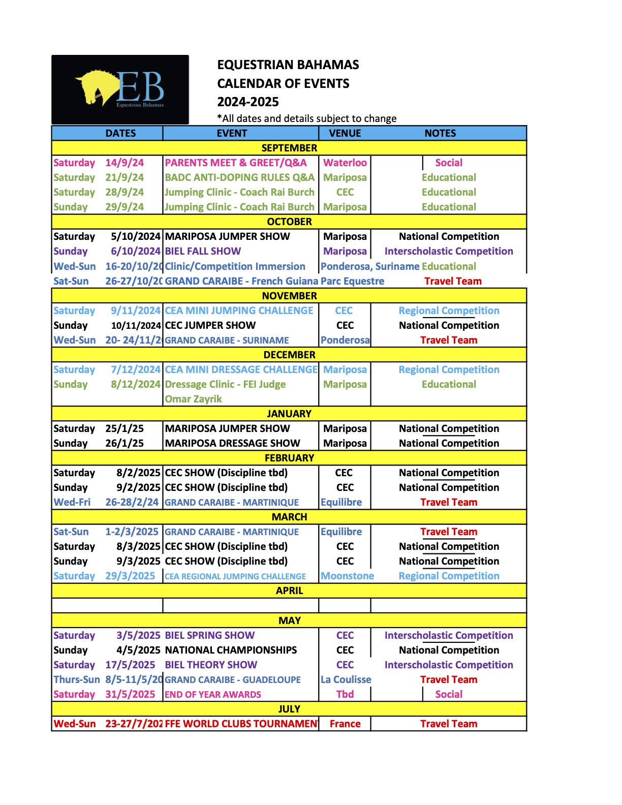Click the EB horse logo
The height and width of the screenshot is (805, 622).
click(x=120, y=89)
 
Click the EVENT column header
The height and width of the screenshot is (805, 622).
click(x=232, y=133)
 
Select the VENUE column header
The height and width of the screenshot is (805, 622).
click(x=345, y=133)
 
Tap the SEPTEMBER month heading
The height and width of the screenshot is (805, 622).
click(x=289, y=148)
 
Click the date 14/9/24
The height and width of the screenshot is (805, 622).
click(x=125, y=163)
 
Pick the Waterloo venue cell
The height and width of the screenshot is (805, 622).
click(x=345, y=163)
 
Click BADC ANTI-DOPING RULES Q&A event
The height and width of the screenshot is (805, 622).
click(x=239, y=177)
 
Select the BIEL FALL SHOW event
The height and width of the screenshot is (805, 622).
click(x=203, y=251)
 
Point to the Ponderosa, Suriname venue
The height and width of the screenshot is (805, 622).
click(x=370, y=266)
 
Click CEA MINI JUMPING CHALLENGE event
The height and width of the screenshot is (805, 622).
click(x=239, y=311)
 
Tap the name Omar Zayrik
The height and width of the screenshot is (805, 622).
click(x=193, y=399)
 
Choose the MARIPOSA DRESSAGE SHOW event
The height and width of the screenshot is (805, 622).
click(x=232, y=443)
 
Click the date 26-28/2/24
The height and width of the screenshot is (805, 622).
click(x=132, y=502)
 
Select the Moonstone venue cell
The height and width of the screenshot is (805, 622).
click(x=347, y=576)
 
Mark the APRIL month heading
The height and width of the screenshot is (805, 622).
click(x=289, y=591)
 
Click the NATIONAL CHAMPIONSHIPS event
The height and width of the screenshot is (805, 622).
click(x=231, y=650)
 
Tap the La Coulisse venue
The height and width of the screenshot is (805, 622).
click(x=346, y=679)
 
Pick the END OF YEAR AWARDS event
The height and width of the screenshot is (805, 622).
click(x=212, y=694)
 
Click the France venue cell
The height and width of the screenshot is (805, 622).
click(x=345, y=724)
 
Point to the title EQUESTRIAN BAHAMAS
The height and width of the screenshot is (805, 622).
click(x=288, y=65)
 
